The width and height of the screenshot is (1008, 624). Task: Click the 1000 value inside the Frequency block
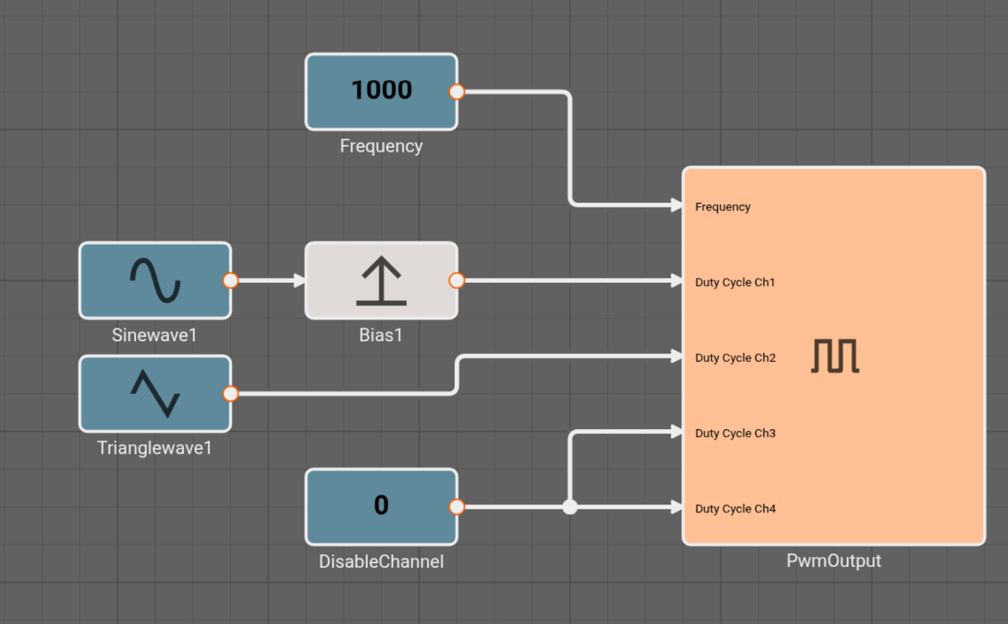(382, 90)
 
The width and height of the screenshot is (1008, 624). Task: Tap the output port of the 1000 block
(457, 92)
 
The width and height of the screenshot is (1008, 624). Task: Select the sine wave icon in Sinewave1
(155, 280)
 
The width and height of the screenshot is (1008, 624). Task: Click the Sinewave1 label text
(154, 335)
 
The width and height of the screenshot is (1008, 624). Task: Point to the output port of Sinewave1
(231, 280)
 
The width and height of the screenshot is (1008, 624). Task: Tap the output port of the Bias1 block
(457, 280)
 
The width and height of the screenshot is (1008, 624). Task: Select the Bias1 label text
(381, 335)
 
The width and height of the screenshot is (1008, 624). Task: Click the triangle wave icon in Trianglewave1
(155, 394)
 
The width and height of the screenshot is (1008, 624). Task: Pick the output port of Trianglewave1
(231, 394)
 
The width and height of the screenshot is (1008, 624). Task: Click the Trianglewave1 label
(154, 448)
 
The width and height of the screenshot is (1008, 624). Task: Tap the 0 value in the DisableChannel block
(381, 505)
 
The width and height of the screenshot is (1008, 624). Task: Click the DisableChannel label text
(381, 562)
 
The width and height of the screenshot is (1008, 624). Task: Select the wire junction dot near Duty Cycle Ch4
(570, 507)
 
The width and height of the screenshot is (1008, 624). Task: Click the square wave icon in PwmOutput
(835, 356)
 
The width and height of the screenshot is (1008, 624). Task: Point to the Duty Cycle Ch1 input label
(735, 282)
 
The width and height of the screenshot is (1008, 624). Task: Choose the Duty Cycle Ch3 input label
(735, 433)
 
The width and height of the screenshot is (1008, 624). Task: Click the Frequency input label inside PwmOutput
(723, 207)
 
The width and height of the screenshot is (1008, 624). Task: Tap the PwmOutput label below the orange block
(833, 561)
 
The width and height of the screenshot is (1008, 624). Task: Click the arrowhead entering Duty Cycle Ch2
(677, 357)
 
